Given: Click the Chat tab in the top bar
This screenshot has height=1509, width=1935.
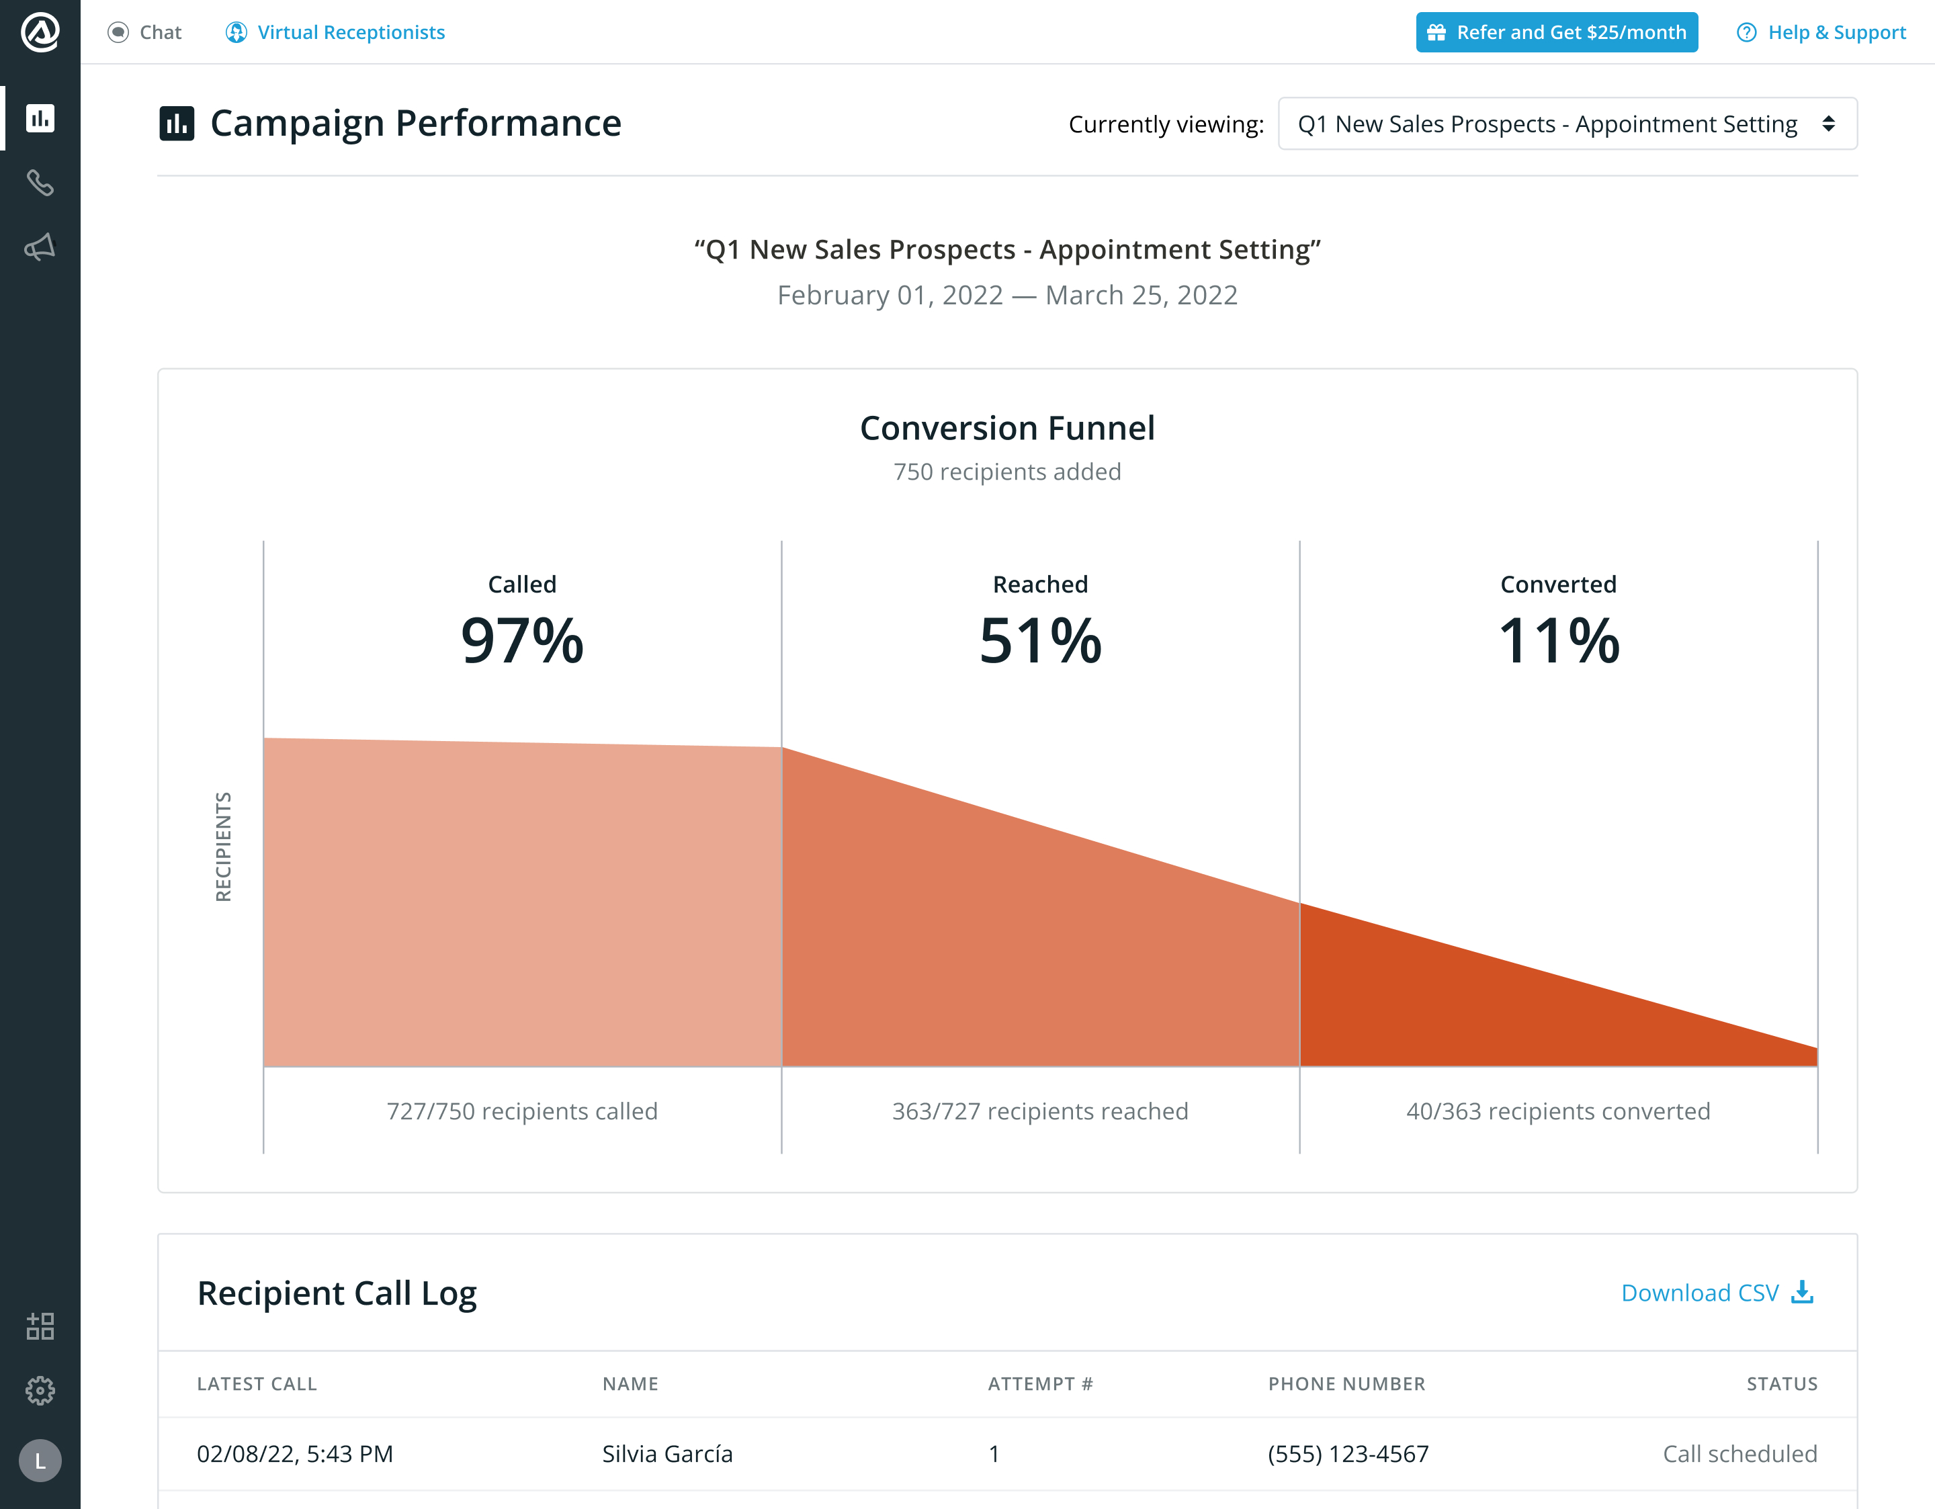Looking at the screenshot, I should pos(144,33).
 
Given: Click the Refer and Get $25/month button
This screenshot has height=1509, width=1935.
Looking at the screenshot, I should pos(1556,33).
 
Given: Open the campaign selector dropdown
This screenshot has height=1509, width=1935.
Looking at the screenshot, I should pos(1566,124).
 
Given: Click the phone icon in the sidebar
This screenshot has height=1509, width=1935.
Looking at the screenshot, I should pos(40,183).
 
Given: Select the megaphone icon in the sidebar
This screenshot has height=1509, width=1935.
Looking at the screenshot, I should pos(40,247).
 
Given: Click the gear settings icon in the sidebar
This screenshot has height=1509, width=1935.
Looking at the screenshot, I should pos(40,1390).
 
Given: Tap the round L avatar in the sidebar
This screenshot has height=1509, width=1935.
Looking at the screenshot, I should pos(40,1460).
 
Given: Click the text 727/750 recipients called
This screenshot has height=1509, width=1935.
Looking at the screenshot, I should pos(522,1111).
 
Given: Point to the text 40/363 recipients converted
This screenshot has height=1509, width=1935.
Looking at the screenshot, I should pos(1557,1111).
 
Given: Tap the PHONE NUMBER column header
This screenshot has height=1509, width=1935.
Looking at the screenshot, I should pos(1346,1384).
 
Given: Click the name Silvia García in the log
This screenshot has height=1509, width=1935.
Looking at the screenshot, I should pos(667,1454).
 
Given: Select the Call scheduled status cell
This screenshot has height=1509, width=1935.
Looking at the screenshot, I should pos(1739,1454).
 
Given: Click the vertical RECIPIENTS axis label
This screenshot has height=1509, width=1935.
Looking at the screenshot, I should pos(223,847).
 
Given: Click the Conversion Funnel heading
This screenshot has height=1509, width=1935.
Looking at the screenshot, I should pos(1007,429).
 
